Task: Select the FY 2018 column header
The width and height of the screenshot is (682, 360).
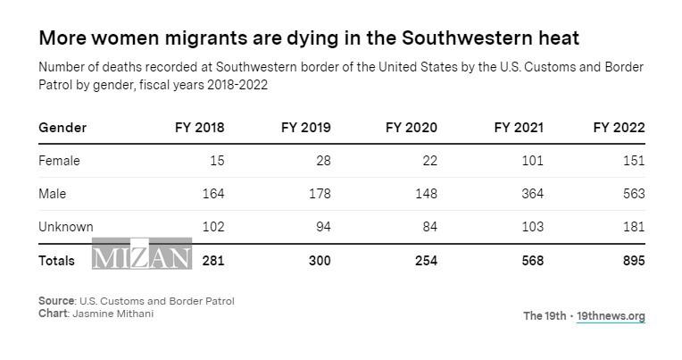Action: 199,128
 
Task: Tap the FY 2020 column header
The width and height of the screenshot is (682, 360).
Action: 412,128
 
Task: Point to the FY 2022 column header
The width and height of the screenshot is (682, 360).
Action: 619,128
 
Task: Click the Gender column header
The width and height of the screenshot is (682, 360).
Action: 62,128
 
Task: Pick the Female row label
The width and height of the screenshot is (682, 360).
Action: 59,161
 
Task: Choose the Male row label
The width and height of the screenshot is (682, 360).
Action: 52,194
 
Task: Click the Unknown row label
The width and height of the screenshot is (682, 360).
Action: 65,227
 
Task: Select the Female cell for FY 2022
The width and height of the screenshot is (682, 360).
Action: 633,161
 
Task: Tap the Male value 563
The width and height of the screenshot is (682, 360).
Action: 633,194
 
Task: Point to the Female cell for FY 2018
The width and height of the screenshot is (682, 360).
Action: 216,161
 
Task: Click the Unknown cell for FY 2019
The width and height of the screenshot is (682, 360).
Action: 322,227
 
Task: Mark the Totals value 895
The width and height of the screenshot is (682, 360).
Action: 633,261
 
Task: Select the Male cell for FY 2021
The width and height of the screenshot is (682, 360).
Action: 532,194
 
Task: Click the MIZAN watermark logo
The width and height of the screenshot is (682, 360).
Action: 142,255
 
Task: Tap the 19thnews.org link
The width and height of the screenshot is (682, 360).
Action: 611,316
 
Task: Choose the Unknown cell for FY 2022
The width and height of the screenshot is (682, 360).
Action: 633,227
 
